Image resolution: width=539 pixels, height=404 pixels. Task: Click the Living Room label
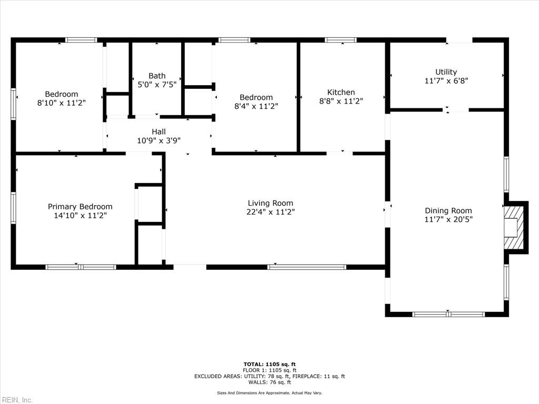coord(270,203)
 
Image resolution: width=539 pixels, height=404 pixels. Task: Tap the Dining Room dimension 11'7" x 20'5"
coord(448,219)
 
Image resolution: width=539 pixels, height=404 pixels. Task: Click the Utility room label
coord(446,72)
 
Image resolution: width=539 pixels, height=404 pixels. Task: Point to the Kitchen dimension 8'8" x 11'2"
coord(341,101)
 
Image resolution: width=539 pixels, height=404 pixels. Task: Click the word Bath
coord(157,76)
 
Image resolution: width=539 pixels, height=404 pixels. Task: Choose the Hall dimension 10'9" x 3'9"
coord(158,140)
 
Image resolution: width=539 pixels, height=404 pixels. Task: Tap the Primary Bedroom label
coord(80,207)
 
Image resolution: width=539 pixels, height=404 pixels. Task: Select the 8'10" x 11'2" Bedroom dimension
coord(61,103)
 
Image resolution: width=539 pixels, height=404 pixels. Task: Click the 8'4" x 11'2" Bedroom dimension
coord(256,106)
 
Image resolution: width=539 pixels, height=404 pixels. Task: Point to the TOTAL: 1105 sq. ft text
coord(269,364)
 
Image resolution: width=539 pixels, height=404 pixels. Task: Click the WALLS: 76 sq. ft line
coord(269,382)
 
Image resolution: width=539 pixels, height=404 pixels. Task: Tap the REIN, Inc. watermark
coord(17,400)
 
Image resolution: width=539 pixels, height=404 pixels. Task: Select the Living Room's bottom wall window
coord(307,267)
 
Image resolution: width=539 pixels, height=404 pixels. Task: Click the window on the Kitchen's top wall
coord(341,40)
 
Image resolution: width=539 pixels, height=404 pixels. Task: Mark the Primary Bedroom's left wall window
coord(14,208)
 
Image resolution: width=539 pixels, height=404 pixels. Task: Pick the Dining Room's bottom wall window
coord(448,314)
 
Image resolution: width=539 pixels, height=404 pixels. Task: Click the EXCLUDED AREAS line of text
coord(269,376)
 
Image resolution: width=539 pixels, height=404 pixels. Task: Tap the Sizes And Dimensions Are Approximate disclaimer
coord(269,393)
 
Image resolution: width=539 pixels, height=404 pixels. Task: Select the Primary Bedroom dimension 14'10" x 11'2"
coord(80,216)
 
